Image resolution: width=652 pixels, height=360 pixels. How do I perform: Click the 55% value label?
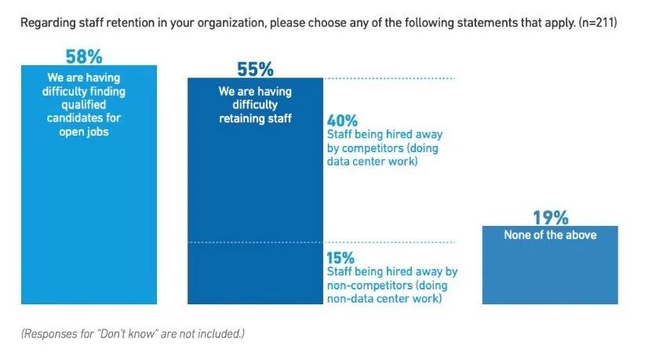pyautogui.click(x=255, y=70)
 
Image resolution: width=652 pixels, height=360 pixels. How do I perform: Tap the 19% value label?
pyautogui.click(x=550, y=218)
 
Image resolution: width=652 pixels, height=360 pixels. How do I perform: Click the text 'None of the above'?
pyautogui.click(x=550, y=235)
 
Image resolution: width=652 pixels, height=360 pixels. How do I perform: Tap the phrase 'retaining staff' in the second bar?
pyautogui.click(x=255, y=119)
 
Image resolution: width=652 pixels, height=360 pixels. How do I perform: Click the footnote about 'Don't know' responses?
pyautogui.click(x=133, y=333)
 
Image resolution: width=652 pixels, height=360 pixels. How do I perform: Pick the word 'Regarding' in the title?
pyautogui.click(x=47, y=24)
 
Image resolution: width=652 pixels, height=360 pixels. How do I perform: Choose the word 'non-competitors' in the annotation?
pyautogui.click(x=366, y=285)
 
